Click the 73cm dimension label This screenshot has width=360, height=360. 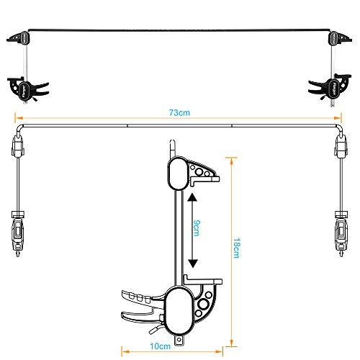(179, 112)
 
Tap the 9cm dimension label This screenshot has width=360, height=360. (197, 228)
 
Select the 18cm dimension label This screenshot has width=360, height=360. (237, 248)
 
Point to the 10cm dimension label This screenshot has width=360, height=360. (160, 346)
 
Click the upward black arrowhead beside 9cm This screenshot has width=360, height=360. (192, 197)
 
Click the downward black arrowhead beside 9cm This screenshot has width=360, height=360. (193, 264)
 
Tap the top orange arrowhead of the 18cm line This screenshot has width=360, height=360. (231, 161)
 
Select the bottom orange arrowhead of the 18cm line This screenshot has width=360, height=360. (231, 343)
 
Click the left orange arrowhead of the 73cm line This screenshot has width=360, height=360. (19, 118)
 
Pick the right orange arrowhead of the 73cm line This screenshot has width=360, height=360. (338, 118)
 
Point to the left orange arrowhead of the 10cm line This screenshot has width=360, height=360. (125, 352)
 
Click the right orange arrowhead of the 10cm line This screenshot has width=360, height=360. (219, 352)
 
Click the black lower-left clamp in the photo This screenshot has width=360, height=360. (27, 89)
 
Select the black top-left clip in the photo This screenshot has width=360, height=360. (19, 37)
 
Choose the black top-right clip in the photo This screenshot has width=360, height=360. (340, 38)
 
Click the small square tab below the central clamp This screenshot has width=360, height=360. (179, 341)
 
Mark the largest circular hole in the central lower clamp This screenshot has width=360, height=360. (203, 305)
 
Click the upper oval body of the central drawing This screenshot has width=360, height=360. (178, 174)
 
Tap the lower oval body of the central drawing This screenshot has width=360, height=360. (179, 310)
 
